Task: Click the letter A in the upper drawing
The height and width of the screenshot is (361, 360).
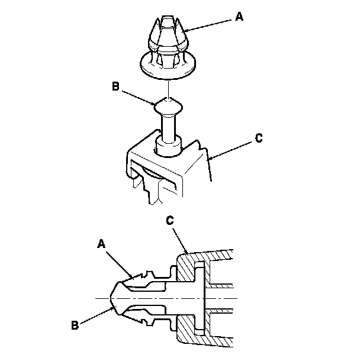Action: [x=239, y=17]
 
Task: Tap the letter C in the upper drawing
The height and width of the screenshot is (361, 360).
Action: [x=258, y=138]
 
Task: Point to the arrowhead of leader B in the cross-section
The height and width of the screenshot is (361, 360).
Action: [x=116, y=307]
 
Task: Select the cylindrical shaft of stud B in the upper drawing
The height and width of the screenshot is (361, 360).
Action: [x=169, y=127]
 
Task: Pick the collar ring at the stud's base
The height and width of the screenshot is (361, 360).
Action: [x=169, y=145]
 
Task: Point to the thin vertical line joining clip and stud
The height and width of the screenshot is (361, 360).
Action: [x=169, y=89]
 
